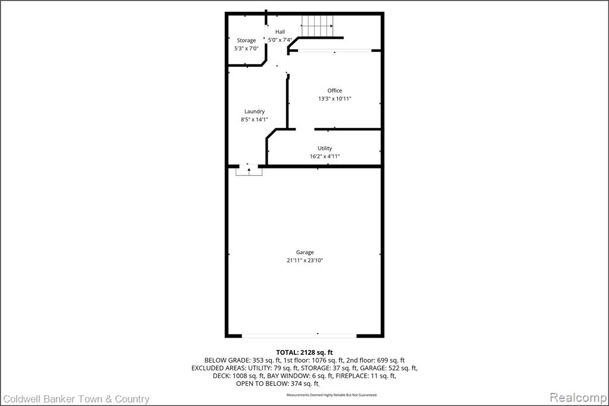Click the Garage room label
(305, 252)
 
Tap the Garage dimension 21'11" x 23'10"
(305, 261)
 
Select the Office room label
(334, 90)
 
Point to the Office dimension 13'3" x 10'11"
(335, 99)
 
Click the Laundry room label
(255, 111)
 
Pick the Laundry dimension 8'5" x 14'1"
(255, 120)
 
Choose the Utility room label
(325, 148)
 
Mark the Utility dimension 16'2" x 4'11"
(325, 157)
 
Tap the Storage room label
(246, 40)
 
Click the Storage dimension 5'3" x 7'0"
(246, 49)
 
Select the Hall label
(280, 32)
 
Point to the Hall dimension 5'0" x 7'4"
(280, 40)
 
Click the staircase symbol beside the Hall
(318, 26)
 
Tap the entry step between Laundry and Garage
(249, 170)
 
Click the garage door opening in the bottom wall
(299, 335)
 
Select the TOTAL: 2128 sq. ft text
(304, 353)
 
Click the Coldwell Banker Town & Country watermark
(76, 399)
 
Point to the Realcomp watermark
(578, 398)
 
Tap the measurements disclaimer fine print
(332, 395)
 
